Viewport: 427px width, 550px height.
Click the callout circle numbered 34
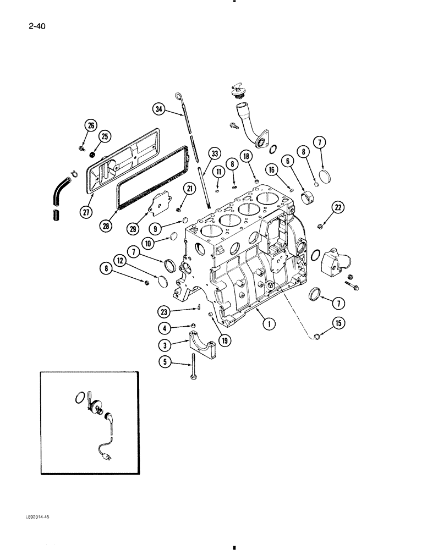[x=159, y=110]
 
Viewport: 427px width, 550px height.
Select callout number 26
[x=90, y=125]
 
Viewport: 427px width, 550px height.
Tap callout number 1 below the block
[x=269, y=324]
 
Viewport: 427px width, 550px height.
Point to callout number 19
[x=226, y=340]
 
